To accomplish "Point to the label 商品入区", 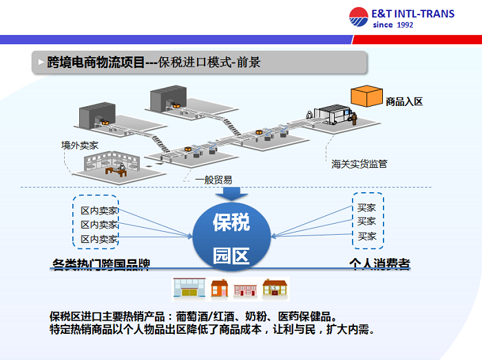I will [x=404, y=102].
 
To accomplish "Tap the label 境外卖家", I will [x=80, y=145].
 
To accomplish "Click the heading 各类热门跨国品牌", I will [x=101, y=264].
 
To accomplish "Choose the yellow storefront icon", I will [x=189, y=288].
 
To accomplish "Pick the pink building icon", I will [x=245, y=290].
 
